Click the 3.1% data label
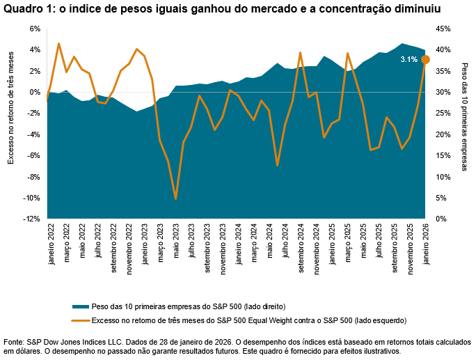click(x=408, y=60)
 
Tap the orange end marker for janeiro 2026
click(x=425, y=59)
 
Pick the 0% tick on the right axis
click(x=441, y=219)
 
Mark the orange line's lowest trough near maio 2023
click(x=175, y=199)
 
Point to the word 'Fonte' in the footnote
click(x=14, y=342)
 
